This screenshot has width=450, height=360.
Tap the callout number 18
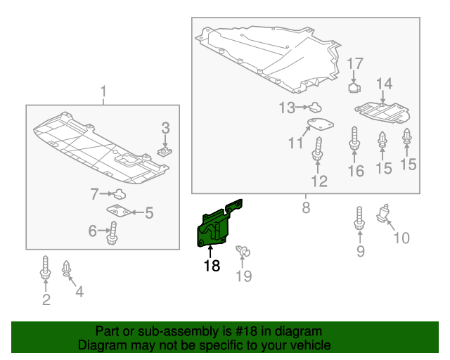click(212, 266)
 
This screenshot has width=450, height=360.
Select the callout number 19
click(243, 276)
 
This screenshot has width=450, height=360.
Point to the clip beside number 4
click(67, 269)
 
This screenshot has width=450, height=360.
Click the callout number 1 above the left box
click(103, 91)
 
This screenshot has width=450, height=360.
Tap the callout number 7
click(94, 193)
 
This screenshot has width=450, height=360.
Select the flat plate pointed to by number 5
click(117, 210)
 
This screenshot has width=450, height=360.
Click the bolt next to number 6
click(112, 233)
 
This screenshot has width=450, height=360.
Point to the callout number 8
click(306, 207)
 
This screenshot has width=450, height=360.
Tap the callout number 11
click(295, 144)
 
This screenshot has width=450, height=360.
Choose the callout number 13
click(286, 108)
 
